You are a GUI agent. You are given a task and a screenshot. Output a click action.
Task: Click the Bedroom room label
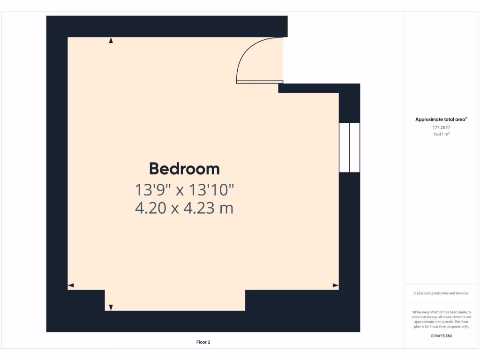point(184,169)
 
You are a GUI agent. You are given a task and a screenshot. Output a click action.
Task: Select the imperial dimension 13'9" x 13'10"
point(184,190)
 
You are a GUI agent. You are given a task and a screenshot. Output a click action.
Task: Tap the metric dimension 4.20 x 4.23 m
point(184,208)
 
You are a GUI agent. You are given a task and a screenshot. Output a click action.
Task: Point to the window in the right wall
point(349,148)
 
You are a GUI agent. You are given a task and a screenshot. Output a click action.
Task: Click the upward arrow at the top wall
point(111,41)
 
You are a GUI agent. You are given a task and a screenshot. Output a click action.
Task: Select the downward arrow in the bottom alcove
point(111,307)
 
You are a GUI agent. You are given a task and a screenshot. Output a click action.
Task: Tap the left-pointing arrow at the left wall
point(71,285)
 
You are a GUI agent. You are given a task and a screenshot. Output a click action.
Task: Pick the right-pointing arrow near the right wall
point(335,285)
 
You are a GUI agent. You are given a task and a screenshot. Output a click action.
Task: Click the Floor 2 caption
point(203,342)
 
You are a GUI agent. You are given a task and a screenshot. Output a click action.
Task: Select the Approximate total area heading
point(441,120)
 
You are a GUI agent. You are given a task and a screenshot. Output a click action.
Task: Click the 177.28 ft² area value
point(441,127)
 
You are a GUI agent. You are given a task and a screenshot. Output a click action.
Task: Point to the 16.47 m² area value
point(441,134)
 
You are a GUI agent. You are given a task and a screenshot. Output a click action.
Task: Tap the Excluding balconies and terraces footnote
point(441,293)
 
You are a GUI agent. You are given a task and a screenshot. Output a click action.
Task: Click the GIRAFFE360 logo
point(441,336)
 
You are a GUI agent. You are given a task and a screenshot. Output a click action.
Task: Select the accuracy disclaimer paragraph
point(441,319)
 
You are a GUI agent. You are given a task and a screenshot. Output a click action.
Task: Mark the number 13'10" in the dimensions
point(211,190)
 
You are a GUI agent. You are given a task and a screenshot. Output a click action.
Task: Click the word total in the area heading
point(445,120)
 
